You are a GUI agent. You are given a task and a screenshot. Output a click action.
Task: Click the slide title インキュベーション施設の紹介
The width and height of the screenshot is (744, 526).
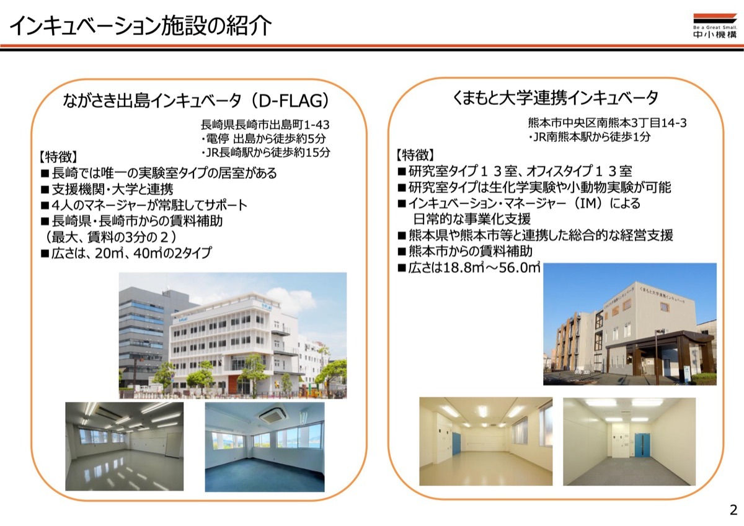[x=141, y=25]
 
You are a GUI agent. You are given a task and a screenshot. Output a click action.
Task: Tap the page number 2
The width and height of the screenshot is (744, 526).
[x=733, y=510]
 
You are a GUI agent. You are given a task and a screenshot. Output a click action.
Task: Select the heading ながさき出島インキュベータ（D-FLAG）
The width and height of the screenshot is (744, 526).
[x=196, y=100]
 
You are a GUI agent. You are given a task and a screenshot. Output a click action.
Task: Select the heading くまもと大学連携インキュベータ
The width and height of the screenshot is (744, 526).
[x=555, y=97]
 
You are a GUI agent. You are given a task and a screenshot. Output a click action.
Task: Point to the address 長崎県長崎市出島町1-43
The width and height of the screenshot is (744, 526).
[x=265, y=125]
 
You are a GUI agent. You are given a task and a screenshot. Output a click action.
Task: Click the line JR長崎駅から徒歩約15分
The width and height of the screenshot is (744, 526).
[x=266, y=153]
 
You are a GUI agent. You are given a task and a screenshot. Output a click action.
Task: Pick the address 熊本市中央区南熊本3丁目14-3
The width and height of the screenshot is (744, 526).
[x=607, y=123]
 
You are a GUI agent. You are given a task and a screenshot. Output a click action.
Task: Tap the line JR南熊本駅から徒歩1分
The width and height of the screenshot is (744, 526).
[x=590, y=137]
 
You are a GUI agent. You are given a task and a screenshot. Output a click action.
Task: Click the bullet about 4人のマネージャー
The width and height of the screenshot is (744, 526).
[x=144, y=205]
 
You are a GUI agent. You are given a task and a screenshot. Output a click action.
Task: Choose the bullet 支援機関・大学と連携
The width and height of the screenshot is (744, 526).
[x=107, y=189]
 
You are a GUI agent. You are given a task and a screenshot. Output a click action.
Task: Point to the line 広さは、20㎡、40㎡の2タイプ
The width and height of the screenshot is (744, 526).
[x=126, y=253]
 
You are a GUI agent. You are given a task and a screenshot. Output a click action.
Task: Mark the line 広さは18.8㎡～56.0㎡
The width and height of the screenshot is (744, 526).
[x=469, y=267]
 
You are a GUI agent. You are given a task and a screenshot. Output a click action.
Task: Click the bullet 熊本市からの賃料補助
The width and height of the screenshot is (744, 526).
[x=465, y=251]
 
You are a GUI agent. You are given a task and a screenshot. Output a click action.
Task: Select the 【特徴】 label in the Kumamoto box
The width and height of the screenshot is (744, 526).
[x=415, y=155]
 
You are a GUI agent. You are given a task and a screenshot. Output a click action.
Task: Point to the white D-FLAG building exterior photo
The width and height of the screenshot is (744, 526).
[x=233, y=336]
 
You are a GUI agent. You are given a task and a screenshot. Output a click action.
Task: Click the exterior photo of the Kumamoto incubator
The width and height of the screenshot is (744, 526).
[x=630, y=324]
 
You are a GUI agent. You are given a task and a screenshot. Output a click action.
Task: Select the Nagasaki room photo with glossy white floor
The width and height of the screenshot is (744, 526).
[x=124, y=446]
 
